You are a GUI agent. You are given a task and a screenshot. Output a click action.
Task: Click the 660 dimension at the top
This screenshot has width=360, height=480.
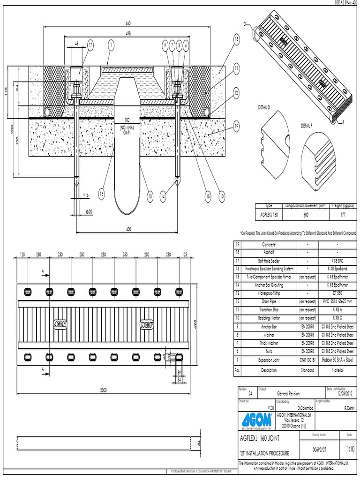click(128, 23)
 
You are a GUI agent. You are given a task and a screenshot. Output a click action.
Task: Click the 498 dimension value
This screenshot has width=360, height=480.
click(128, 33)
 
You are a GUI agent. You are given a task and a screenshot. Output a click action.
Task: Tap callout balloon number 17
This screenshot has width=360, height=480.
click(91, 45)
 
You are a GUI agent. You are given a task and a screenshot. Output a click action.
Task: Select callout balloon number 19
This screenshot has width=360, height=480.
click(236, 126)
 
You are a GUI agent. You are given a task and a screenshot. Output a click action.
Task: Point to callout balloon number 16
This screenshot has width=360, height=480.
click(102, 193)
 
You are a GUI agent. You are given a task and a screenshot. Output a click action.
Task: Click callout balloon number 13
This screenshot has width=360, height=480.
click(150, 196)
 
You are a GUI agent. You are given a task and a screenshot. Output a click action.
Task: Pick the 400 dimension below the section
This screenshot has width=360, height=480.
click(128, 229)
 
